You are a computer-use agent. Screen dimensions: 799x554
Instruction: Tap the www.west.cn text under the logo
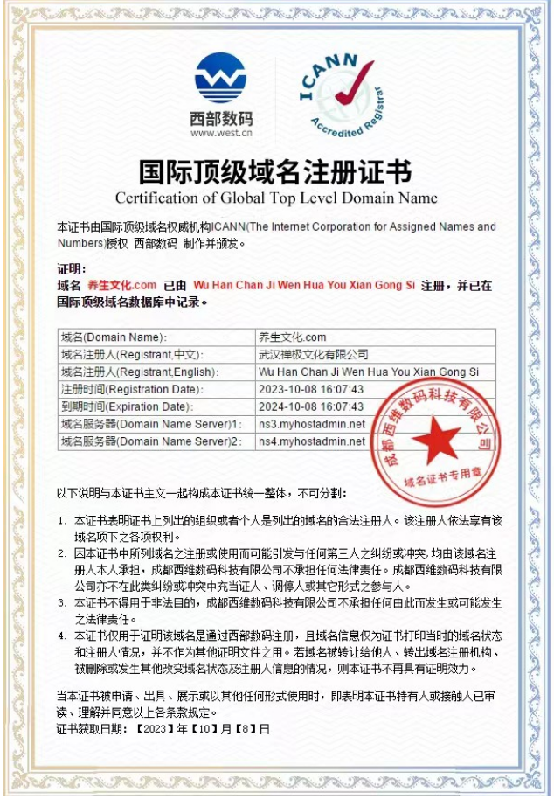click(x=221, y=134)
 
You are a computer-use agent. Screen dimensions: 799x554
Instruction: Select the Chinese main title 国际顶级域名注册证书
click(x=276, y=170)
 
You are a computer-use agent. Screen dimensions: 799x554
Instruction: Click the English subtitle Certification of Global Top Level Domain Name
click(x=276, y=198)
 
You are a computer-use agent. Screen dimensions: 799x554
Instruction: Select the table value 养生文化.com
click(x=293, y=337)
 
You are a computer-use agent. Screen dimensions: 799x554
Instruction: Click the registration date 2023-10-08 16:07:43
click(x=311, y=389)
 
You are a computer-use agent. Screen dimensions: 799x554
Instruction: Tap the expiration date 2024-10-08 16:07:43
click(x=311, y=406)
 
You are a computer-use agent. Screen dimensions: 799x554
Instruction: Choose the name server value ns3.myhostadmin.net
click(x=311, y=424)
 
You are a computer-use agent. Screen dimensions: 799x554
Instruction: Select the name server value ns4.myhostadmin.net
click(x=311, y=441)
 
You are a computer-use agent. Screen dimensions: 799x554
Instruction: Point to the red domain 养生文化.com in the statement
click(x=121, y=286)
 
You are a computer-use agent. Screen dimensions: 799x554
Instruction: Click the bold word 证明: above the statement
click(x=72, y=268)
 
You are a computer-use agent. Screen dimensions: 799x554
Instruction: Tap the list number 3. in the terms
click(x=62, y=602)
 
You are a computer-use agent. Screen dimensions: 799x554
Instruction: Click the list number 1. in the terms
click(x=62, y=520)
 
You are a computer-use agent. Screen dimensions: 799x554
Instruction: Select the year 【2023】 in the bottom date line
click(x=152, y=727)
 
